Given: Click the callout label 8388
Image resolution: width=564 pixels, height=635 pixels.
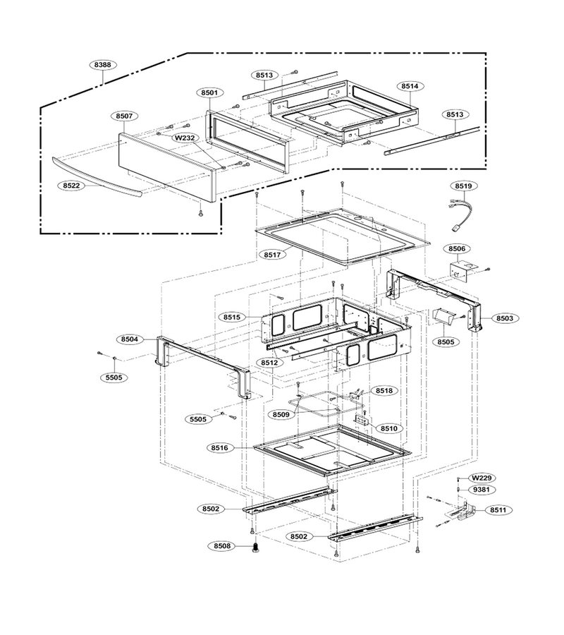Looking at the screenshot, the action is (x=103, y=65).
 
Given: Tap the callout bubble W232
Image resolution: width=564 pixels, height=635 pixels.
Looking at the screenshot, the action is (x=185, y=138).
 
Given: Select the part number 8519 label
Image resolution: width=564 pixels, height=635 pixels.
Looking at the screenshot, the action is (x=463, y=186).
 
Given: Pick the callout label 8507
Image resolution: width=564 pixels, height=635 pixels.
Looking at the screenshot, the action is (x=124, y=116).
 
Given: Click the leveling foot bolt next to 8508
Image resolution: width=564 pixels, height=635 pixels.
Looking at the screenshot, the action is (x=255, y=547).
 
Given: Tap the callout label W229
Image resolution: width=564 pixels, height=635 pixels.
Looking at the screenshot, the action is (x=482, y=478).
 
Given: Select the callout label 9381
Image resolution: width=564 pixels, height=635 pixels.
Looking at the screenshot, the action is (x=482, y=490).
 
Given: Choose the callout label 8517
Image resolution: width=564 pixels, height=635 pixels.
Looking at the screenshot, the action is (x=272, y=255).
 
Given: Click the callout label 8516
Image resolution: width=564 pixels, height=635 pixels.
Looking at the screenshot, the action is (x=219, y=448).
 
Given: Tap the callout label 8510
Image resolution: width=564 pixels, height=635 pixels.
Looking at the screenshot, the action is (x=389, y=428).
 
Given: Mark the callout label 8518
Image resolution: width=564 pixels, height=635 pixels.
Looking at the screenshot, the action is (x=384, y=391).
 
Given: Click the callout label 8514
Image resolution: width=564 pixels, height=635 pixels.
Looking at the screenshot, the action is (x=410, y=86).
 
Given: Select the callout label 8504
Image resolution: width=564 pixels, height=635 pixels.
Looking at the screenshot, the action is (x=130, y=339).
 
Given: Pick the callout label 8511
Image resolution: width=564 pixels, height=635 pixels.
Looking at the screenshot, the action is (x=498, y=510).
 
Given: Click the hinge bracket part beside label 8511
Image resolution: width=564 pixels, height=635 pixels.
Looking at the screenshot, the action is (x=461, y=512).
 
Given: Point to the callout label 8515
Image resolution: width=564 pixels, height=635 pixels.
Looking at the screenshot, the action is (x=232, y=317).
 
